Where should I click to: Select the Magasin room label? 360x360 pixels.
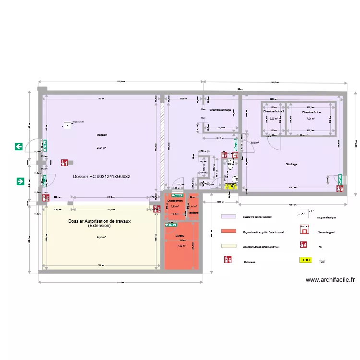coord(101,135)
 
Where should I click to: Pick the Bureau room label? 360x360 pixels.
coord(180,236)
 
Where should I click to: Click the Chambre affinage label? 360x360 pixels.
coord(220,110)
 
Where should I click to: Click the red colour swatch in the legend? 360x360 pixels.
coord(228,231)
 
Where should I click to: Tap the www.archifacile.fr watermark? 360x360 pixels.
coord(330,280)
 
